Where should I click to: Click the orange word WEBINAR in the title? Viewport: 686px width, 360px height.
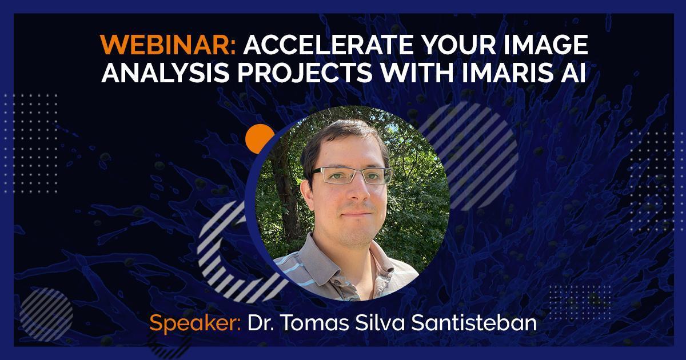click(168, 45)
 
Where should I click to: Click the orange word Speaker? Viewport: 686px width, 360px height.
click(195, 323)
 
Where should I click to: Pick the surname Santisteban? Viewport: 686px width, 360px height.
click(474, 323)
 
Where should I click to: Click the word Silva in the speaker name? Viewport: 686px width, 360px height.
click(380, 323)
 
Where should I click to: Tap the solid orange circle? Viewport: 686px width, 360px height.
click(259, 138)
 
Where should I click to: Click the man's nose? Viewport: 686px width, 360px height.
click(357, 191)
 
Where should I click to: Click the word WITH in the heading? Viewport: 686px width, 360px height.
click(417, 73)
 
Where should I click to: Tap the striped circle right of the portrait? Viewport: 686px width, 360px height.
click(478, 156)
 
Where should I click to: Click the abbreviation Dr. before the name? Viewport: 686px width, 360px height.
click(260, 323)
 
